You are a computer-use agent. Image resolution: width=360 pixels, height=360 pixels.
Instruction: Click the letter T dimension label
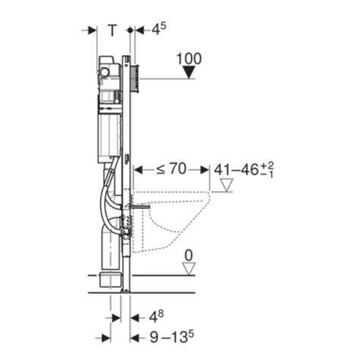click(x=112, y=30)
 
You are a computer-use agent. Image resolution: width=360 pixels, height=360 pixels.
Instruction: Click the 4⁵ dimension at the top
click(x=159, y=29)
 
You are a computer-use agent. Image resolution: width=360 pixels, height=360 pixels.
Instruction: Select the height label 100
click(x=189, y=58)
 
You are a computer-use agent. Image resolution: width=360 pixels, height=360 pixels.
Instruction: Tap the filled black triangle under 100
click(x=189, y=72)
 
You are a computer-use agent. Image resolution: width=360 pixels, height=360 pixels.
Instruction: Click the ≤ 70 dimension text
click(x=171, y=169)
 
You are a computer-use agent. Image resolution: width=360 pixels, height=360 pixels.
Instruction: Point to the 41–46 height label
click(x=244, y=169)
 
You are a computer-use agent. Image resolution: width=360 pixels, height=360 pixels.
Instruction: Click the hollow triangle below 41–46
click(x=226, y=185)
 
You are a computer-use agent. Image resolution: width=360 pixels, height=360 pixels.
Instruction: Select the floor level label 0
click(x=189, y=256)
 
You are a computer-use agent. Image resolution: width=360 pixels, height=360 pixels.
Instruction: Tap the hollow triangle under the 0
click(x=189, y=269)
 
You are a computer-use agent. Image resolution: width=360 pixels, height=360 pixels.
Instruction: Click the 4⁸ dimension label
click(x=156, y=317)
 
